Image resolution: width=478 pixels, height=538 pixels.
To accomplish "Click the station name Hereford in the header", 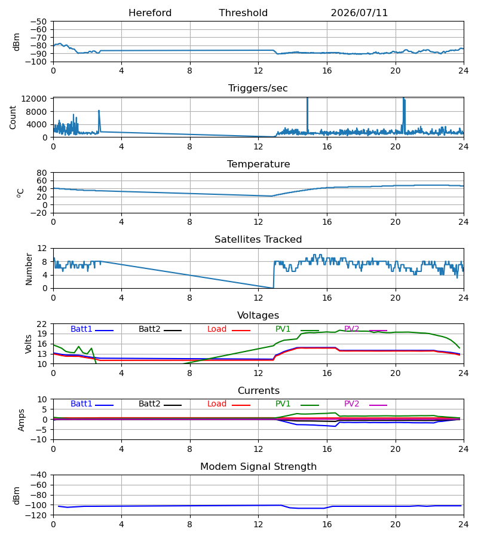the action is click(150, 13).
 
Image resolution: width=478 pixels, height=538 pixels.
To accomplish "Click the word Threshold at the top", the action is click(243, 13).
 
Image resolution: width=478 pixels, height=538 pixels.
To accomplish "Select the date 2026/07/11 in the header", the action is click(359, 13).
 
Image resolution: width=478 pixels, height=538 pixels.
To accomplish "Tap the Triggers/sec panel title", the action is click(258, 88).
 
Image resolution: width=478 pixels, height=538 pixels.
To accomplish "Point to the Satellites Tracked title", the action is click(258, 240).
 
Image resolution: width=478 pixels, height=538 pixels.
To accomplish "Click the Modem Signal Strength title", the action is click(258, 467).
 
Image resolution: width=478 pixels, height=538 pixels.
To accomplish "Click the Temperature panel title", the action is click(258, 164).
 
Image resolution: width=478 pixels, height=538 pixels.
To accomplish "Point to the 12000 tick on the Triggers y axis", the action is click(34, 99).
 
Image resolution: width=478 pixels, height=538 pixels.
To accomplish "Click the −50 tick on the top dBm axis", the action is click(38, 22).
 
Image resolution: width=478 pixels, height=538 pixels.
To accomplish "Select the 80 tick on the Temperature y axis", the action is click(42, 173).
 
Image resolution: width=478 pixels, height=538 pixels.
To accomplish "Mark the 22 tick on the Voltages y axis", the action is click(42, 324).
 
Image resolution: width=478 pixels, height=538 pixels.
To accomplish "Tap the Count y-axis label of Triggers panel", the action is click(13, 118).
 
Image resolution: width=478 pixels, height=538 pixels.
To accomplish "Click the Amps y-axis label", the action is click(22, 420).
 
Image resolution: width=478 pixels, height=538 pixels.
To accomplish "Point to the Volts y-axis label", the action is click(29, 344).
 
